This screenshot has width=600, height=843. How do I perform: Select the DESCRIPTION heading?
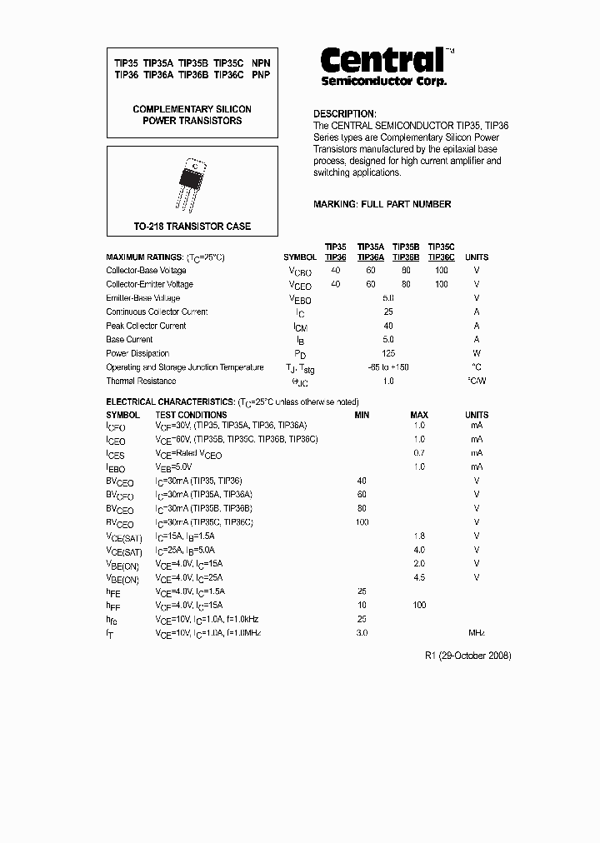point(345,114)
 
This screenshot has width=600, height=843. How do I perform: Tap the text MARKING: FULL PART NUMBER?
point(382,204)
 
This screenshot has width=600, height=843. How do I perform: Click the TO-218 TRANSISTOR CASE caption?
point(192,227)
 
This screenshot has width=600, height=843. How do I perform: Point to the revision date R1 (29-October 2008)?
point(468,656)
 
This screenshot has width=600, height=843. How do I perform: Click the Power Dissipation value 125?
point(387,353)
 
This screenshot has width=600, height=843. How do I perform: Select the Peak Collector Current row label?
point(146,326)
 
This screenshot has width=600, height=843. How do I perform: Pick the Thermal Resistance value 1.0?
point(387,382)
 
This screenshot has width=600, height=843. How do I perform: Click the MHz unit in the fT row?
point(477,632)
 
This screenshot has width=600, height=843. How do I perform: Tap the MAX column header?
point(418,415)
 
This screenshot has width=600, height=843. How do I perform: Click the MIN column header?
point(362,415)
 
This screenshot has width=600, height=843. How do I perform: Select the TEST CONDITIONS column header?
point(191,415)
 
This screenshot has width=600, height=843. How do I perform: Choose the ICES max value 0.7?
point(418,453)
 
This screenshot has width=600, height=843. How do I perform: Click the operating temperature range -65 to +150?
point(387,367)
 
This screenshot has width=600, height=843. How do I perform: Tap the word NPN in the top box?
point(261,62)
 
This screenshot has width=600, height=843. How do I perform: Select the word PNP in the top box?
point(261,74)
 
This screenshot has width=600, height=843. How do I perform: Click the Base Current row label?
point(129,340)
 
